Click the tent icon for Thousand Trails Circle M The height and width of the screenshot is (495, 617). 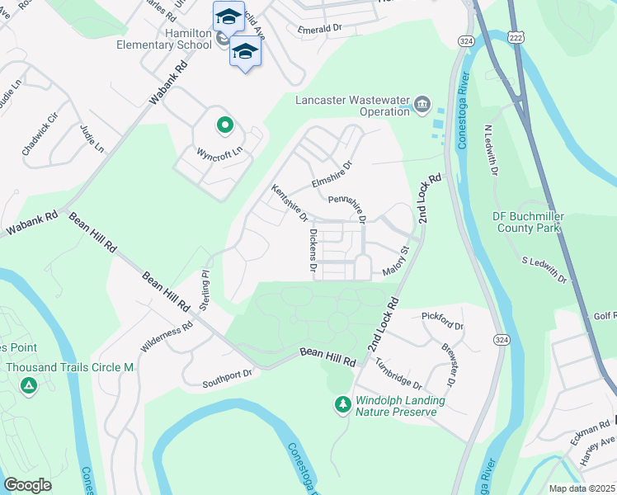[28, 385]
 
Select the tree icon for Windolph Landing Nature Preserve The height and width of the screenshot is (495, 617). [342, 404]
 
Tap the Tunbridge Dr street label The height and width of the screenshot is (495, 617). [398, 375]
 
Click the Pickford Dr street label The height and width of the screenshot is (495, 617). [442, 321]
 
